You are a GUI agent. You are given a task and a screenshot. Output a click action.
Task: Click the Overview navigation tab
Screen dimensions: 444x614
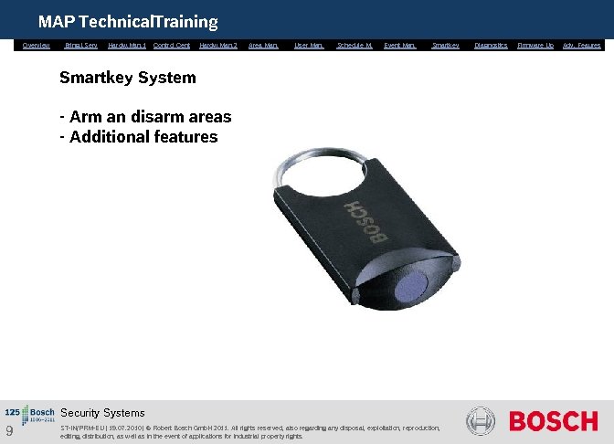(37, 45)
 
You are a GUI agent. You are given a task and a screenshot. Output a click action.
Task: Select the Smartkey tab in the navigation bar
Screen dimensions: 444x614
(445, 45)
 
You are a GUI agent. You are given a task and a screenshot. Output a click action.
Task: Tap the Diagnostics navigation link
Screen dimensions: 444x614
(491, 45)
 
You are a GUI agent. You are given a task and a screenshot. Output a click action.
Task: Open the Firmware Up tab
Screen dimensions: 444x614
(535, 45)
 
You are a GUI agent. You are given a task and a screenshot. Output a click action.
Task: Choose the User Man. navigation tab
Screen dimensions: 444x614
(310, 45)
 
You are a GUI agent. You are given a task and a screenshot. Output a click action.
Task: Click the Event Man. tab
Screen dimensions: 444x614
(399, 45)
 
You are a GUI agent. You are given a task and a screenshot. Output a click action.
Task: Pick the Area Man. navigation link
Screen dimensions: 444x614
(263, 45)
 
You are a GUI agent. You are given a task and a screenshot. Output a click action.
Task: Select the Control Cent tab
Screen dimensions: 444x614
(172, 45)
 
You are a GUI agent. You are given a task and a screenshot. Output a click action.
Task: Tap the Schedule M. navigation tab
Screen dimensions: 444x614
(355, 45)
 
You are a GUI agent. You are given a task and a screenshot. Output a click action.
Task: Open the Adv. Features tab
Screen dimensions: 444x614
(582, 45)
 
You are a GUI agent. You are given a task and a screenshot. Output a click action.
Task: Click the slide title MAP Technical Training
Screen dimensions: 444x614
(128, 21)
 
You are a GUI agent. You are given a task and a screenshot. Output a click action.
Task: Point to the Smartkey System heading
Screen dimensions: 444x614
(127, 78)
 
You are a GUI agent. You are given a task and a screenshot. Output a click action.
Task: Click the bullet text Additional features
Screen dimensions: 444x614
(143, 137)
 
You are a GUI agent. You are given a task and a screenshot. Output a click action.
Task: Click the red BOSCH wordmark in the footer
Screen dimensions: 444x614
(553, 422)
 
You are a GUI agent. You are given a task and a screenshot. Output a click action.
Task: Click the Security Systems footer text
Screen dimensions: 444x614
(102, 413)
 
